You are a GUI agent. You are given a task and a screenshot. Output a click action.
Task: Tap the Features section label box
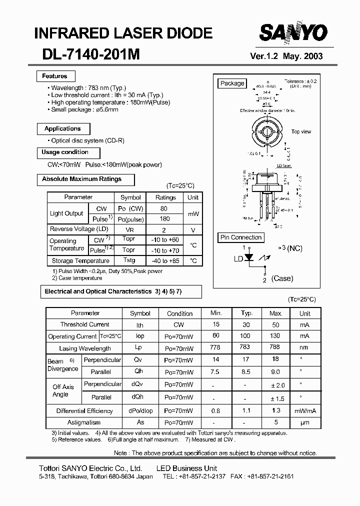(55, 76)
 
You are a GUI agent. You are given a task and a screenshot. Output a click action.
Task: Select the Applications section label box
(62, 129)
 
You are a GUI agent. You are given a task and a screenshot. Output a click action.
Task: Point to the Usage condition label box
(65, 152)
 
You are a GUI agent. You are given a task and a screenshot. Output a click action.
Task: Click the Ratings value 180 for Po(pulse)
(165, 219)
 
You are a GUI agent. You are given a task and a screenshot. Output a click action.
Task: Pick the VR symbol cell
(129, 229)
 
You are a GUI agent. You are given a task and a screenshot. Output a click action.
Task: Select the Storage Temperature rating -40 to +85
(165, 261)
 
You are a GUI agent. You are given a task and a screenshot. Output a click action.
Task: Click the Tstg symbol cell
(129, 260)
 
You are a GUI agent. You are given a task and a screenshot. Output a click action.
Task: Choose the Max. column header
(276, 313)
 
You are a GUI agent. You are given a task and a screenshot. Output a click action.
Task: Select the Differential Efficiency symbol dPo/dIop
(140, 411)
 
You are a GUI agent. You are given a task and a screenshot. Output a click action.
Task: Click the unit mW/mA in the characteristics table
(304, 411)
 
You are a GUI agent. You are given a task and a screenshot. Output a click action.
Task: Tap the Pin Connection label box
(241, 237)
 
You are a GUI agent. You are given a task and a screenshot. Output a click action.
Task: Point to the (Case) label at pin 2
(282, 279)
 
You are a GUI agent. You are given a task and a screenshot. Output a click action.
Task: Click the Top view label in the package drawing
(301, 132)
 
